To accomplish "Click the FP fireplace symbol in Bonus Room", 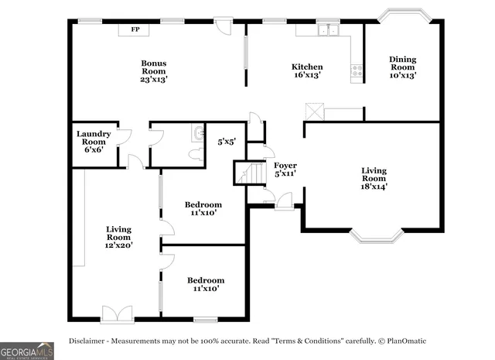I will pos(135,29).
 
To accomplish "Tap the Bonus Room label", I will pos(153,71).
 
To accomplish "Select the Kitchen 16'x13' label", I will pos(306,70).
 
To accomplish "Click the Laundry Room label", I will pos(94,142).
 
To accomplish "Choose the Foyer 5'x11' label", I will pos(285,170).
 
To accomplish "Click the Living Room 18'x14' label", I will pos(374,178).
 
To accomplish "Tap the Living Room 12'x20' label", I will pos(119,237).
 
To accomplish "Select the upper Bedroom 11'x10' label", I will pos(203,208).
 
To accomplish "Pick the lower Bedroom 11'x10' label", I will pos(205,284).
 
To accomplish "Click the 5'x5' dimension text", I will pos(227,142).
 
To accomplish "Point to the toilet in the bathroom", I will pos(196,153).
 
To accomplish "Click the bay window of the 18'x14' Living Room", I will pos(376,235).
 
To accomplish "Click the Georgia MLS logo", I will pos(27,350).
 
